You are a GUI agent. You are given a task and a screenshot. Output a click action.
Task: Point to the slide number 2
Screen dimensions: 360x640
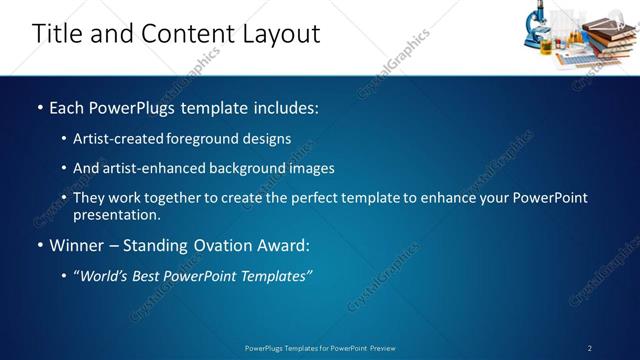590,348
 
